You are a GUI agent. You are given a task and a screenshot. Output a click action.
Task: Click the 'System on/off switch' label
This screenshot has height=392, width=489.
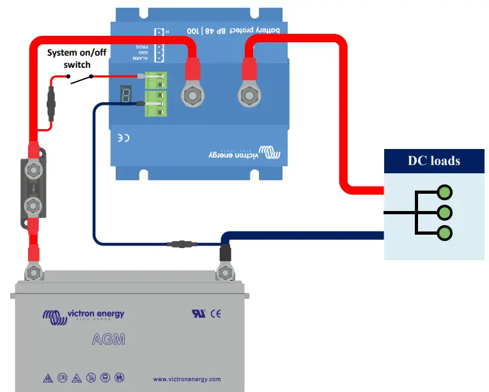point(77,59)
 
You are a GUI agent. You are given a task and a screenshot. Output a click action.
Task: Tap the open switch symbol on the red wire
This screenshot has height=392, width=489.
point(80,79)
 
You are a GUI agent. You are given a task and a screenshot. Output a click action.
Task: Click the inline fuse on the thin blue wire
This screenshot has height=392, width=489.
point(180,244)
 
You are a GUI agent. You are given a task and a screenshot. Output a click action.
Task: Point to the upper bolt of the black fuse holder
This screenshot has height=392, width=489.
point(33,171)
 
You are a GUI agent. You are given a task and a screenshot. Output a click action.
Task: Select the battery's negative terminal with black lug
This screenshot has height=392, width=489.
point(224,272)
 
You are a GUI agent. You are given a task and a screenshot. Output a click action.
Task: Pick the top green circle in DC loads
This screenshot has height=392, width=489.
point(445,192)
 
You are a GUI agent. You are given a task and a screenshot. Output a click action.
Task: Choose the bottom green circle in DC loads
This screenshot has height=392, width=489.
point(445,233)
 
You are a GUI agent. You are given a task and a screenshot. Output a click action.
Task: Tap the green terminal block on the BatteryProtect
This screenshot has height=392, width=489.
point(156,95)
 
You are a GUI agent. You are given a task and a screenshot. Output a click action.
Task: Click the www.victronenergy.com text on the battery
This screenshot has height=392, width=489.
point(187,379)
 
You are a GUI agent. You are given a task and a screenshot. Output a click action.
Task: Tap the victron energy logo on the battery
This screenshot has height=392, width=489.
point(83,315)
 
